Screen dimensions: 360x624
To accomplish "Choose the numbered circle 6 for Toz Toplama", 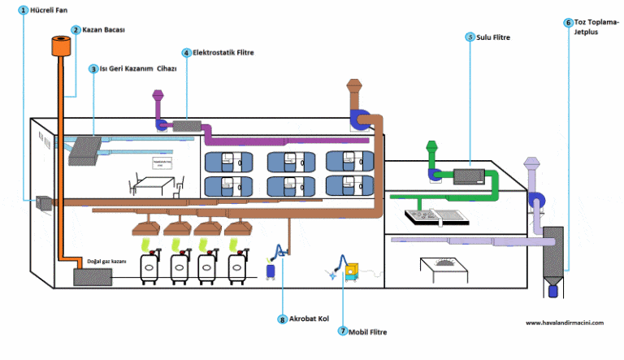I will pos(568,22).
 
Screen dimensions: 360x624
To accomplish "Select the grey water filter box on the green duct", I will pos(469,174).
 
